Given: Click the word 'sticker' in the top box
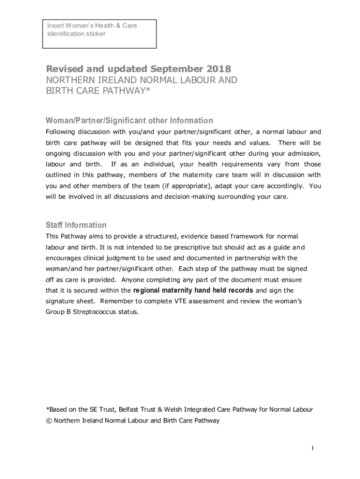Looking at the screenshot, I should click(95, 34).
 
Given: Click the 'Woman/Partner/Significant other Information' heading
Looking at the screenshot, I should click(129, 120).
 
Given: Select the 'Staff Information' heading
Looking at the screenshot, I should click(76, 225).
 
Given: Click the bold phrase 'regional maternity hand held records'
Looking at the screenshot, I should click(193, 290).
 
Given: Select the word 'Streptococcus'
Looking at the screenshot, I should click(93, 312).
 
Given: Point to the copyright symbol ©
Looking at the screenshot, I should click(49, 421).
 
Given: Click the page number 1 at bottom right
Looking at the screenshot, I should click(313, 449).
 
